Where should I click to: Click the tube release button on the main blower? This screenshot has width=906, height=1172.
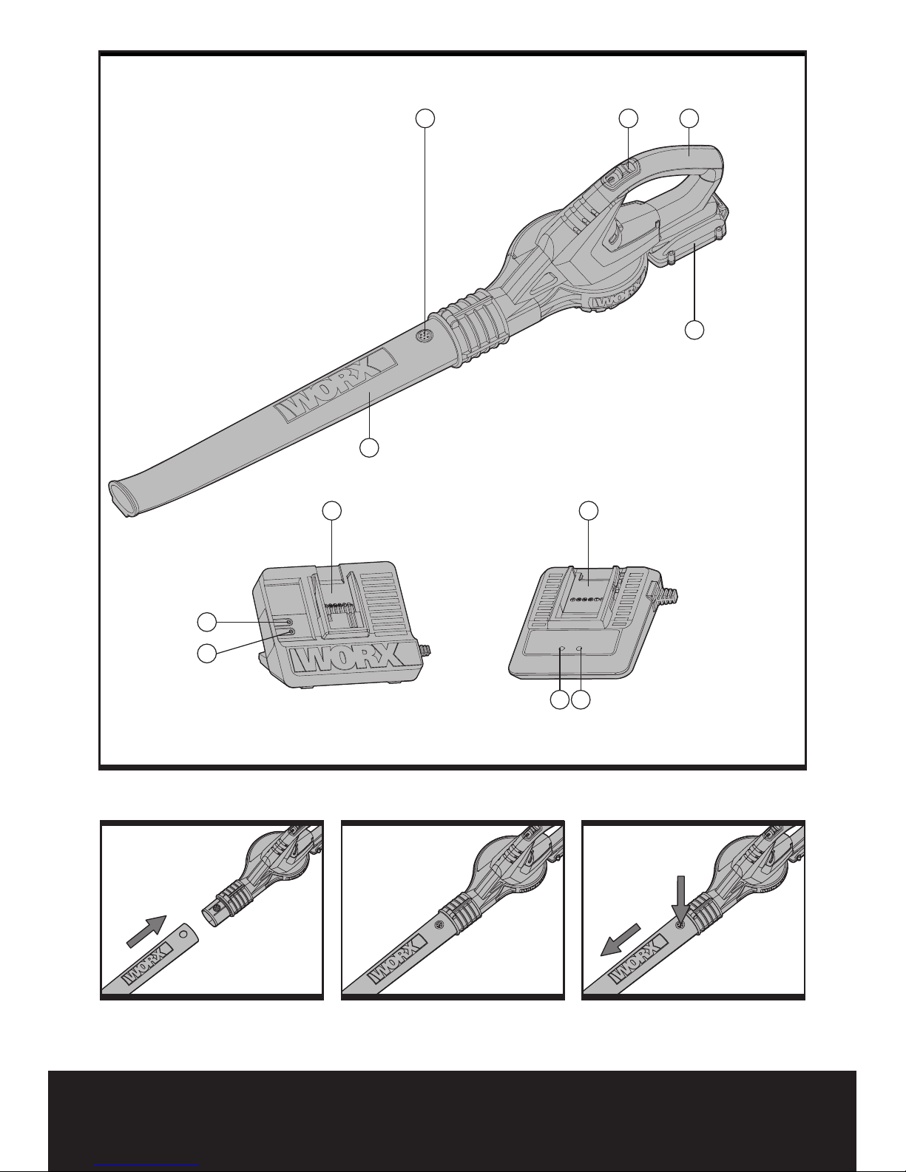click(424, 335)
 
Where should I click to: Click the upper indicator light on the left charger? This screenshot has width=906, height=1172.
click(289, 623)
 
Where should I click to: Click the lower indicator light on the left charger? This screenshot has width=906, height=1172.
click(290, 633)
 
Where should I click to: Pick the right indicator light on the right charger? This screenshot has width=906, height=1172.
click(579, 648)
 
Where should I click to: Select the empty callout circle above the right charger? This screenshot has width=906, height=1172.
click(588, 510)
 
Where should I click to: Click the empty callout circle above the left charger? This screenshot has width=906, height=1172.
click(333, 510)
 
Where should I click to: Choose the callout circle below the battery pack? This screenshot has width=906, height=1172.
click(694, 331)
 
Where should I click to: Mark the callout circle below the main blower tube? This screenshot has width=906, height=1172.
click(369, 447)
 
